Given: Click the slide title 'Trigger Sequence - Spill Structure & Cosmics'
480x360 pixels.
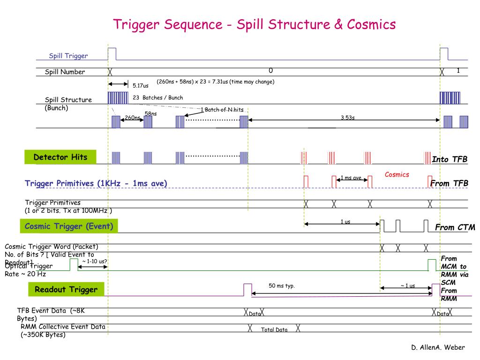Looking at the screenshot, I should (255, 24).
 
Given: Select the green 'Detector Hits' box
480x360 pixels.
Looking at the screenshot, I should (60, 157).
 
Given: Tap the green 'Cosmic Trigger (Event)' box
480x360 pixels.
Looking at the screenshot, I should (69, 226).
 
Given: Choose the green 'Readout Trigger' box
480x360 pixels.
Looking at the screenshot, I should (66, 290).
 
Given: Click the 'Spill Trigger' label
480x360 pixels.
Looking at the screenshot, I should (68, 56).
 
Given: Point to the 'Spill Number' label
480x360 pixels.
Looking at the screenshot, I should (65, 72).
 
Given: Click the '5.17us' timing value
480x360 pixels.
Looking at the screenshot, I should (140, 86).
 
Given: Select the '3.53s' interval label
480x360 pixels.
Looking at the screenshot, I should (347, 117).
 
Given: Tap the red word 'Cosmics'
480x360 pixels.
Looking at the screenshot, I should (397, 174).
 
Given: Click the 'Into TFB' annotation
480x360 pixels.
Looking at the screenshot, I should (450, 159).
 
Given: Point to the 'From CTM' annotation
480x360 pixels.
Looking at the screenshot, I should (455, 227).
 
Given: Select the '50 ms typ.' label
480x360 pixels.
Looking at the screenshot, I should (281, 286).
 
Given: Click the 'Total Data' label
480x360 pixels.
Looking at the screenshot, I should (274, 330).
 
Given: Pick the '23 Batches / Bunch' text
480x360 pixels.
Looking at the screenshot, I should (157, 97).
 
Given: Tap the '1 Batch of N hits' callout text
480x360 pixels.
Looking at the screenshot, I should (222, 110).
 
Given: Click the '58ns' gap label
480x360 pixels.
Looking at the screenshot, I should (150, 113).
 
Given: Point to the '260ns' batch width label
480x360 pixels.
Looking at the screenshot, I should (133, 118).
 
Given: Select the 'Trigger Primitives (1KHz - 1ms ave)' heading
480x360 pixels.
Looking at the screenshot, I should (96, 183).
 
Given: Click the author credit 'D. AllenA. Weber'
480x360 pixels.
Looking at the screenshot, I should (438, 347).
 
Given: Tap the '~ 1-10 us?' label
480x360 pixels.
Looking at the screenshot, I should (95, 261).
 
